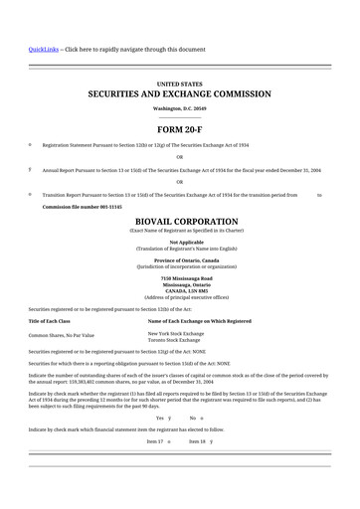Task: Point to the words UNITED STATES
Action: (x=180, y=84)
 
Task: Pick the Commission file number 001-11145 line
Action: (x=82, y=207)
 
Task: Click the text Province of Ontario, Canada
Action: (x=180, y=259)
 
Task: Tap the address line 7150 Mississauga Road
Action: (x=180, y=277)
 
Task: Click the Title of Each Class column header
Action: (x=50, y=321)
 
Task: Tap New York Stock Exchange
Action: (x=175, y=333)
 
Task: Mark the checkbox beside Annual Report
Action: (x=30, y=169)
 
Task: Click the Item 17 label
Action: (x=154, y=439)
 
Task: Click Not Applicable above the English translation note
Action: (x=180, y=242)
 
